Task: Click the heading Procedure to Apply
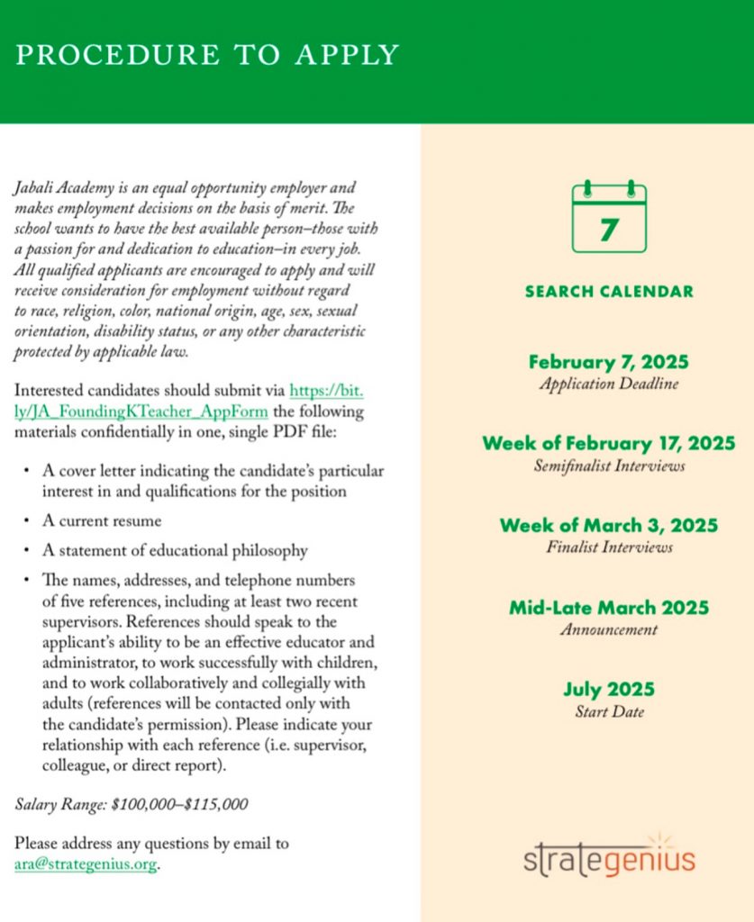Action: point(207,55)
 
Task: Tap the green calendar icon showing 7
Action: point(609,218)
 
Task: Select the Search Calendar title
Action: point(609,292)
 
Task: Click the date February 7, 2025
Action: point(609,362)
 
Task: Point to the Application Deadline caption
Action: point(609,384)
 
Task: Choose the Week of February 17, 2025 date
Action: point(609,443)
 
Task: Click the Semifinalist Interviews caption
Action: point(609,466)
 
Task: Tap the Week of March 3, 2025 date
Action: point(609,524)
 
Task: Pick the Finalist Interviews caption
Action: point(609,547)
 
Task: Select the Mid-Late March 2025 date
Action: point(609,607)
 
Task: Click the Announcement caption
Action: point(609,629)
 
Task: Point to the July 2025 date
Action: point(609,690)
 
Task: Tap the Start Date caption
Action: point(609,712)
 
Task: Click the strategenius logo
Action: point(609,860)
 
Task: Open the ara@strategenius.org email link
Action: point(86,864)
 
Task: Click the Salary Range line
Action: point(132,804)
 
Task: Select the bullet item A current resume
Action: point(102,521)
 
